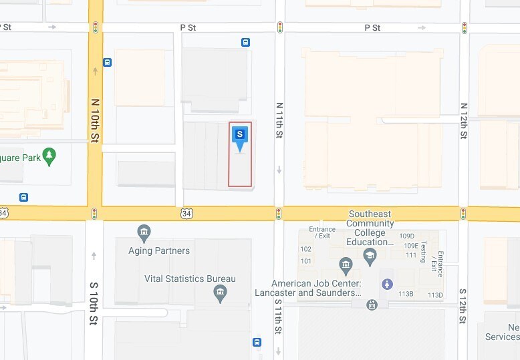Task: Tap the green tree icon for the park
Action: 48,156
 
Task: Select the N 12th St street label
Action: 463,120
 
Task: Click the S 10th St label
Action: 94,304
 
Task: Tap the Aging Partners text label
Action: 159,251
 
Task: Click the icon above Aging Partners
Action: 144,233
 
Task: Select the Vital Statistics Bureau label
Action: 190,279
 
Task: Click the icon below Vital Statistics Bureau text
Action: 220,293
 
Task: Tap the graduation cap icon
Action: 370,254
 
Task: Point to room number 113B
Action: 406,295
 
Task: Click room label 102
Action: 306,248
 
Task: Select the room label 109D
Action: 407,236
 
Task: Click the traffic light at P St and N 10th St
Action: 96,27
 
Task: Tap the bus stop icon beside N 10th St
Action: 108,62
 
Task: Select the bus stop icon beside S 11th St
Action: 257,342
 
